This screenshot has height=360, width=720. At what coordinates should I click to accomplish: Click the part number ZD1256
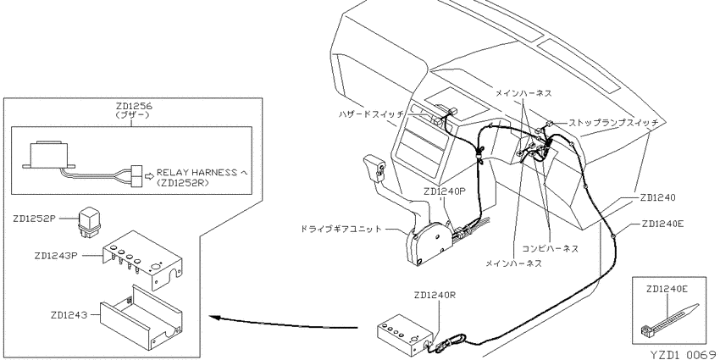click(x=133, y=107)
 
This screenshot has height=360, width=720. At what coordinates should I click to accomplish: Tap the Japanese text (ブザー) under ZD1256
click(x=133, y=116)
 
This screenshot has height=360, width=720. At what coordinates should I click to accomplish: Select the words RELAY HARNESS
click(x=196, y=173)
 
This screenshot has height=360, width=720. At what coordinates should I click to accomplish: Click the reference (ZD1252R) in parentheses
click(x=182, y=182)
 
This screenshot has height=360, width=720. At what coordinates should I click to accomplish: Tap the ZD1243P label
click(x=54, y=256)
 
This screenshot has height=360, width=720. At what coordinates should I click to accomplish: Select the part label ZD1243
click(x=69, y=315)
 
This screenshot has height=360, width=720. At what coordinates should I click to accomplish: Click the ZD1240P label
click(x=445, y=191)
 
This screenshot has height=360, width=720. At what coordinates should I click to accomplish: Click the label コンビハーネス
click(x=551, y=248)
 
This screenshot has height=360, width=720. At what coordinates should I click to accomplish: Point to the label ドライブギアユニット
click(x=341, y=228)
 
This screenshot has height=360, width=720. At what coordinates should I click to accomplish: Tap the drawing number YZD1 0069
click(x=684, y=354)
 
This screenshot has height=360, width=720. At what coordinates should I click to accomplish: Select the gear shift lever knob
click(x=374, y=168)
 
